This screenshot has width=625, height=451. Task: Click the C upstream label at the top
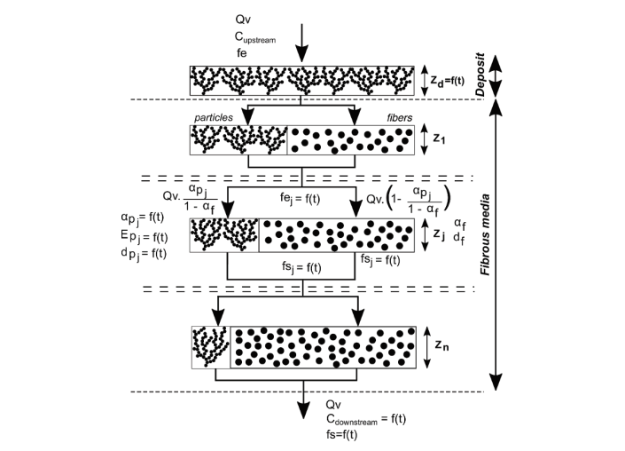pos(260,37)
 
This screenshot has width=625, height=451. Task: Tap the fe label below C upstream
pos(241,53)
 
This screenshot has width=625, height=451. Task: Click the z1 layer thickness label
pos(441,139)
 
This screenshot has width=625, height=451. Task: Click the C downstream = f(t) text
pos(364,419)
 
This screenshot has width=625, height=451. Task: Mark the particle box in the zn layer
pos(211,347)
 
